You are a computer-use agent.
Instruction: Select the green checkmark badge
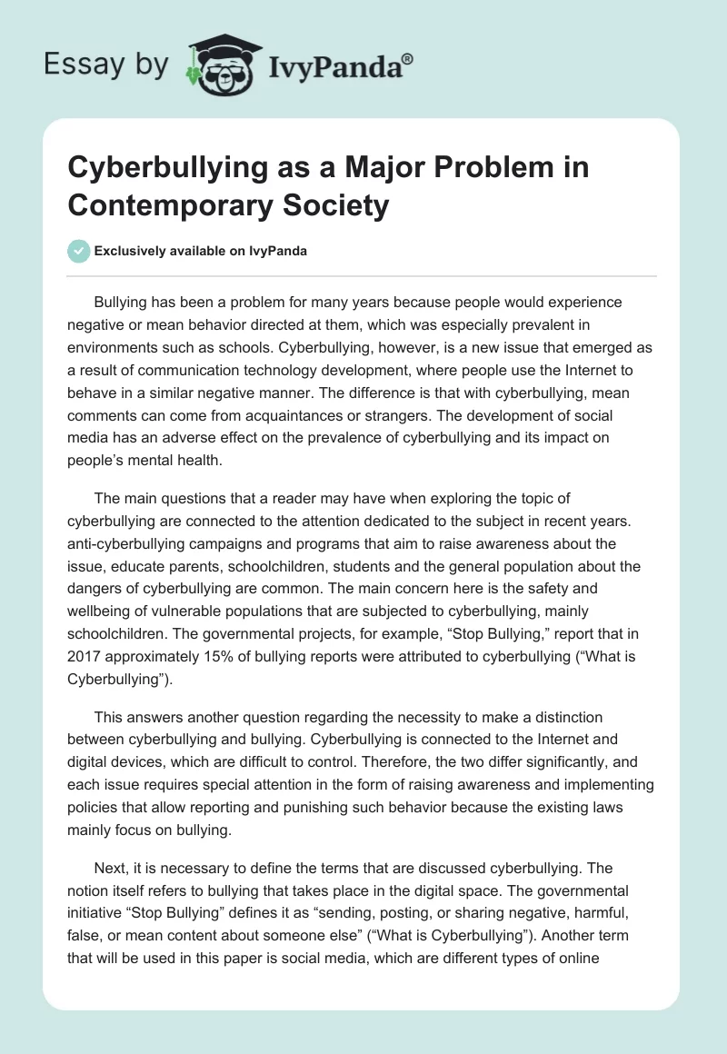click(x=79, y=251)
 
